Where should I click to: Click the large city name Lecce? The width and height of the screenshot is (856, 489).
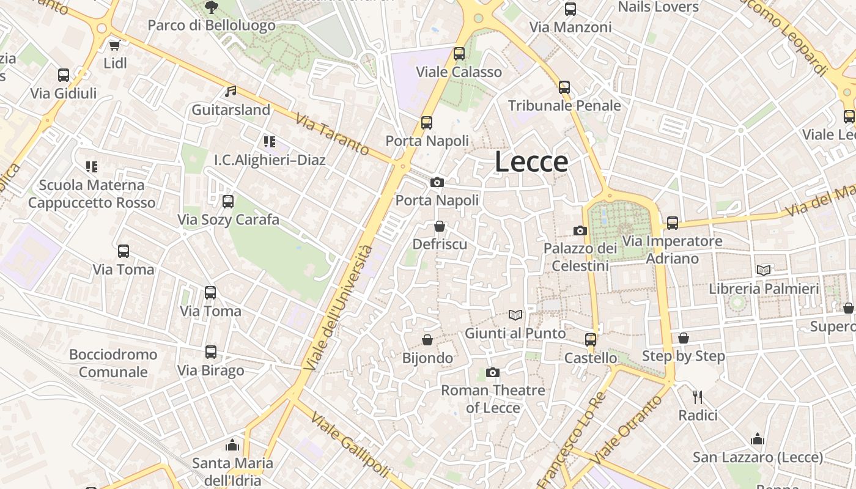[x=531, y=162]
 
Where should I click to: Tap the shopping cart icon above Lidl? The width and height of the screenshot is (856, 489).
[x=114, y=45]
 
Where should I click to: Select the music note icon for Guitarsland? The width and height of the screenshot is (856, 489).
[x=231, y=92]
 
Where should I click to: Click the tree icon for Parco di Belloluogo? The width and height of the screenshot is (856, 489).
[x=212, y=7]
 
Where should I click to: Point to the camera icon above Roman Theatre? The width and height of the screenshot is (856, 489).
[x=493, y=372]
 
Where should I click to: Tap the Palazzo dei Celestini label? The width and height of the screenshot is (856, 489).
[x=580, y=257]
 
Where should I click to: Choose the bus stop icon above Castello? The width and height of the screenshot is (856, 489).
[x=590, y=339]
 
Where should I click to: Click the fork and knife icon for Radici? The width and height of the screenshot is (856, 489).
[x=698, y=397]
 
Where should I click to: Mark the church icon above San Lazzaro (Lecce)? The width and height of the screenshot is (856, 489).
[x=758, y=439]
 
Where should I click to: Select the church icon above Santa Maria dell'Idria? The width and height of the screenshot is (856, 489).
[x=232, y=444]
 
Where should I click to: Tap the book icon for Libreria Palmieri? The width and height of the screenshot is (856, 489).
[x=764, y=270]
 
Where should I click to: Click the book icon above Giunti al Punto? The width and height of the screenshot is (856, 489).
[x=515, y=315]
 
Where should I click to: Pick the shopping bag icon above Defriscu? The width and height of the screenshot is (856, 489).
[x=439, y=227]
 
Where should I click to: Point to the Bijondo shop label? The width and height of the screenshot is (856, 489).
[x=427, y=358]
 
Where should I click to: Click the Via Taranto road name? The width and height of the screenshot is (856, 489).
[x=332, y=134]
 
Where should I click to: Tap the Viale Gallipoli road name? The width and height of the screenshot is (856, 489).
[x=350, y=445]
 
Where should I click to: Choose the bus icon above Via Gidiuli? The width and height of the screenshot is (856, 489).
[x=64, y=75]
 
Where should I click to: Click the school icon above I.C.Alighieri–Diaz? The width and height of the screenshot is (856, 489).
[x=270, y=142]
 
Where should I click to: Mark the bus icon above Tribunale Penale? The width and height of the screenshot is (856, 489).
[x=564, y=87]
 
